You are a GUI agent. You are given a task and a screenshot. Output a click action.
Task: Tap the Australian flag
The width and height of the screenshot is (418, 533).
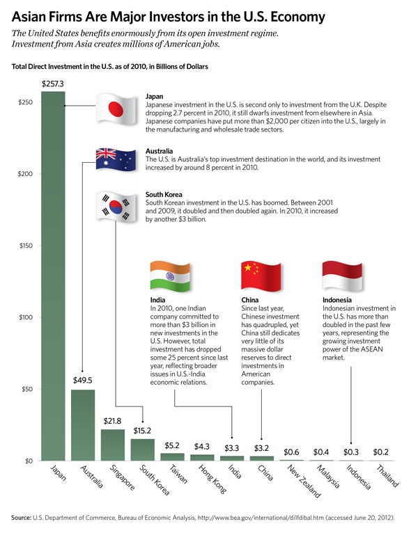[118, 161]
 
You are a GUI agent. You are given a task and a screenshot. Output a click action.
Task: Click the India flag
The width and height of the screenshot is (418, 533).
[171, 276]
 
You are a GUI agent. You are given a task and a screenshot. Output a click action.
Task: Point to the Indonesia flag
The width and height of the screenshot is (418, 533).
[341, 276]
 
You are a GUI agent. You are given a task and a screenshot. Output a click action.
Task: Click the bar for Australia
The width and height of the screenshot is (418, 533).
[83, 424]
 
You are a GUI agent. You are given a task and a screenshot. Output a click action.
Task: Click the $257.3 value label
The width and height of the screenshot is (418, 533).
[53, 83]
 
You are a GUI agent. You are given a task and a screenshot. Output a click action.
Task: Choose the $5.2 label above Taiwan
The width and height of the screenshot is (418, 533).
[172, 445]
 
